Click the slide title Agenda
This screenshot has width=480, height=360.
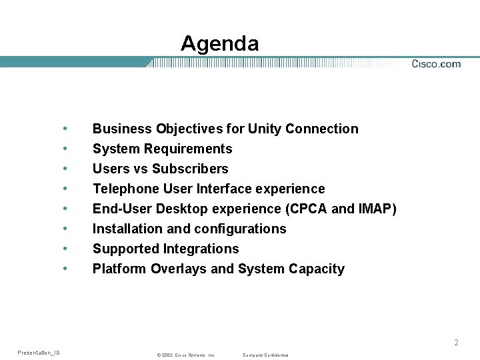(219, 44)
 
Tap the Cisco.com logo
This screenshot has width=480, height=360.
(436, 64)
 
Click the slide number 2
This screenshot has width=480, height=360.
(456, 343)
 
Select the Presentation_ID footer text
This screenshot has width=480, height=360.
(39, 352)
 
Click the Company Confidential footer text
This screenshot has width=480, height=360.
(265, 355)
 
